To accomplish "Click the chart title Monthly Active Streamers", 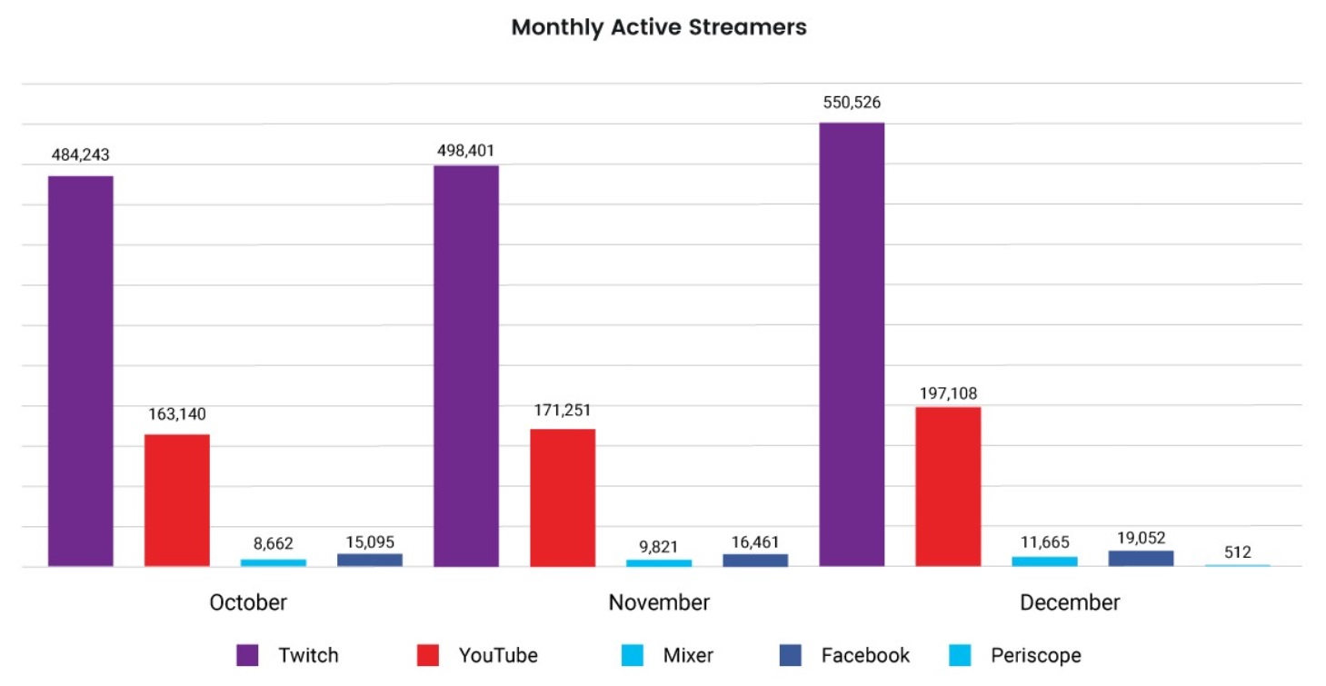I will (x=659, y=27).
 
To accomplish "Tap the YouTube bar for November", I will (x=563, y=498).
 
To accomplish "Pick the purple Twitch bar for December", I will (x=852, y=344).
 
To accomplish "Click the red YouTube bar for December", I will (x=948, y=487).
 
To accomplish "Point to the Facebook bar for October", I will (x=370, y=560).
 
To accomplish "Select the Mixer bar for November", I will (x=659, y=562).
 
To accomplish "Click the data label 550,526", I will (x=852, y=103).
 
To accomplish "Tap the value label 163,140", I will (x=177, y=414).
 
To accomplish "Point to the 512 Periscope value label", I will (x=1237, y=552).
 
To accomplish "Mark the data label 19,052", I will (x=1141, y=538).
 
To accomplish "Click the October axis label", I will (x=248, y=602).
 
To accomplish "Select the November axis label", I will (x=659, y=602).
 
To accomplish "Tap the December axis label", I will (x=1070, y=602).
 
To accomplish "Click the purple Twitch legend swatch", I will (x=247, y=655).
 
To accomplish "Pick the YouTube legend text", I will (x=498, y=655).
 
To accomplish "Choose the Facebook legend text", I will (x=865, y=655).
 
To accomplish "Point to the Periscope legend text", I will (x=1036, y=655).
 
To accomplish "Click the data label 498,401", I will (x=466, y=150).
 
